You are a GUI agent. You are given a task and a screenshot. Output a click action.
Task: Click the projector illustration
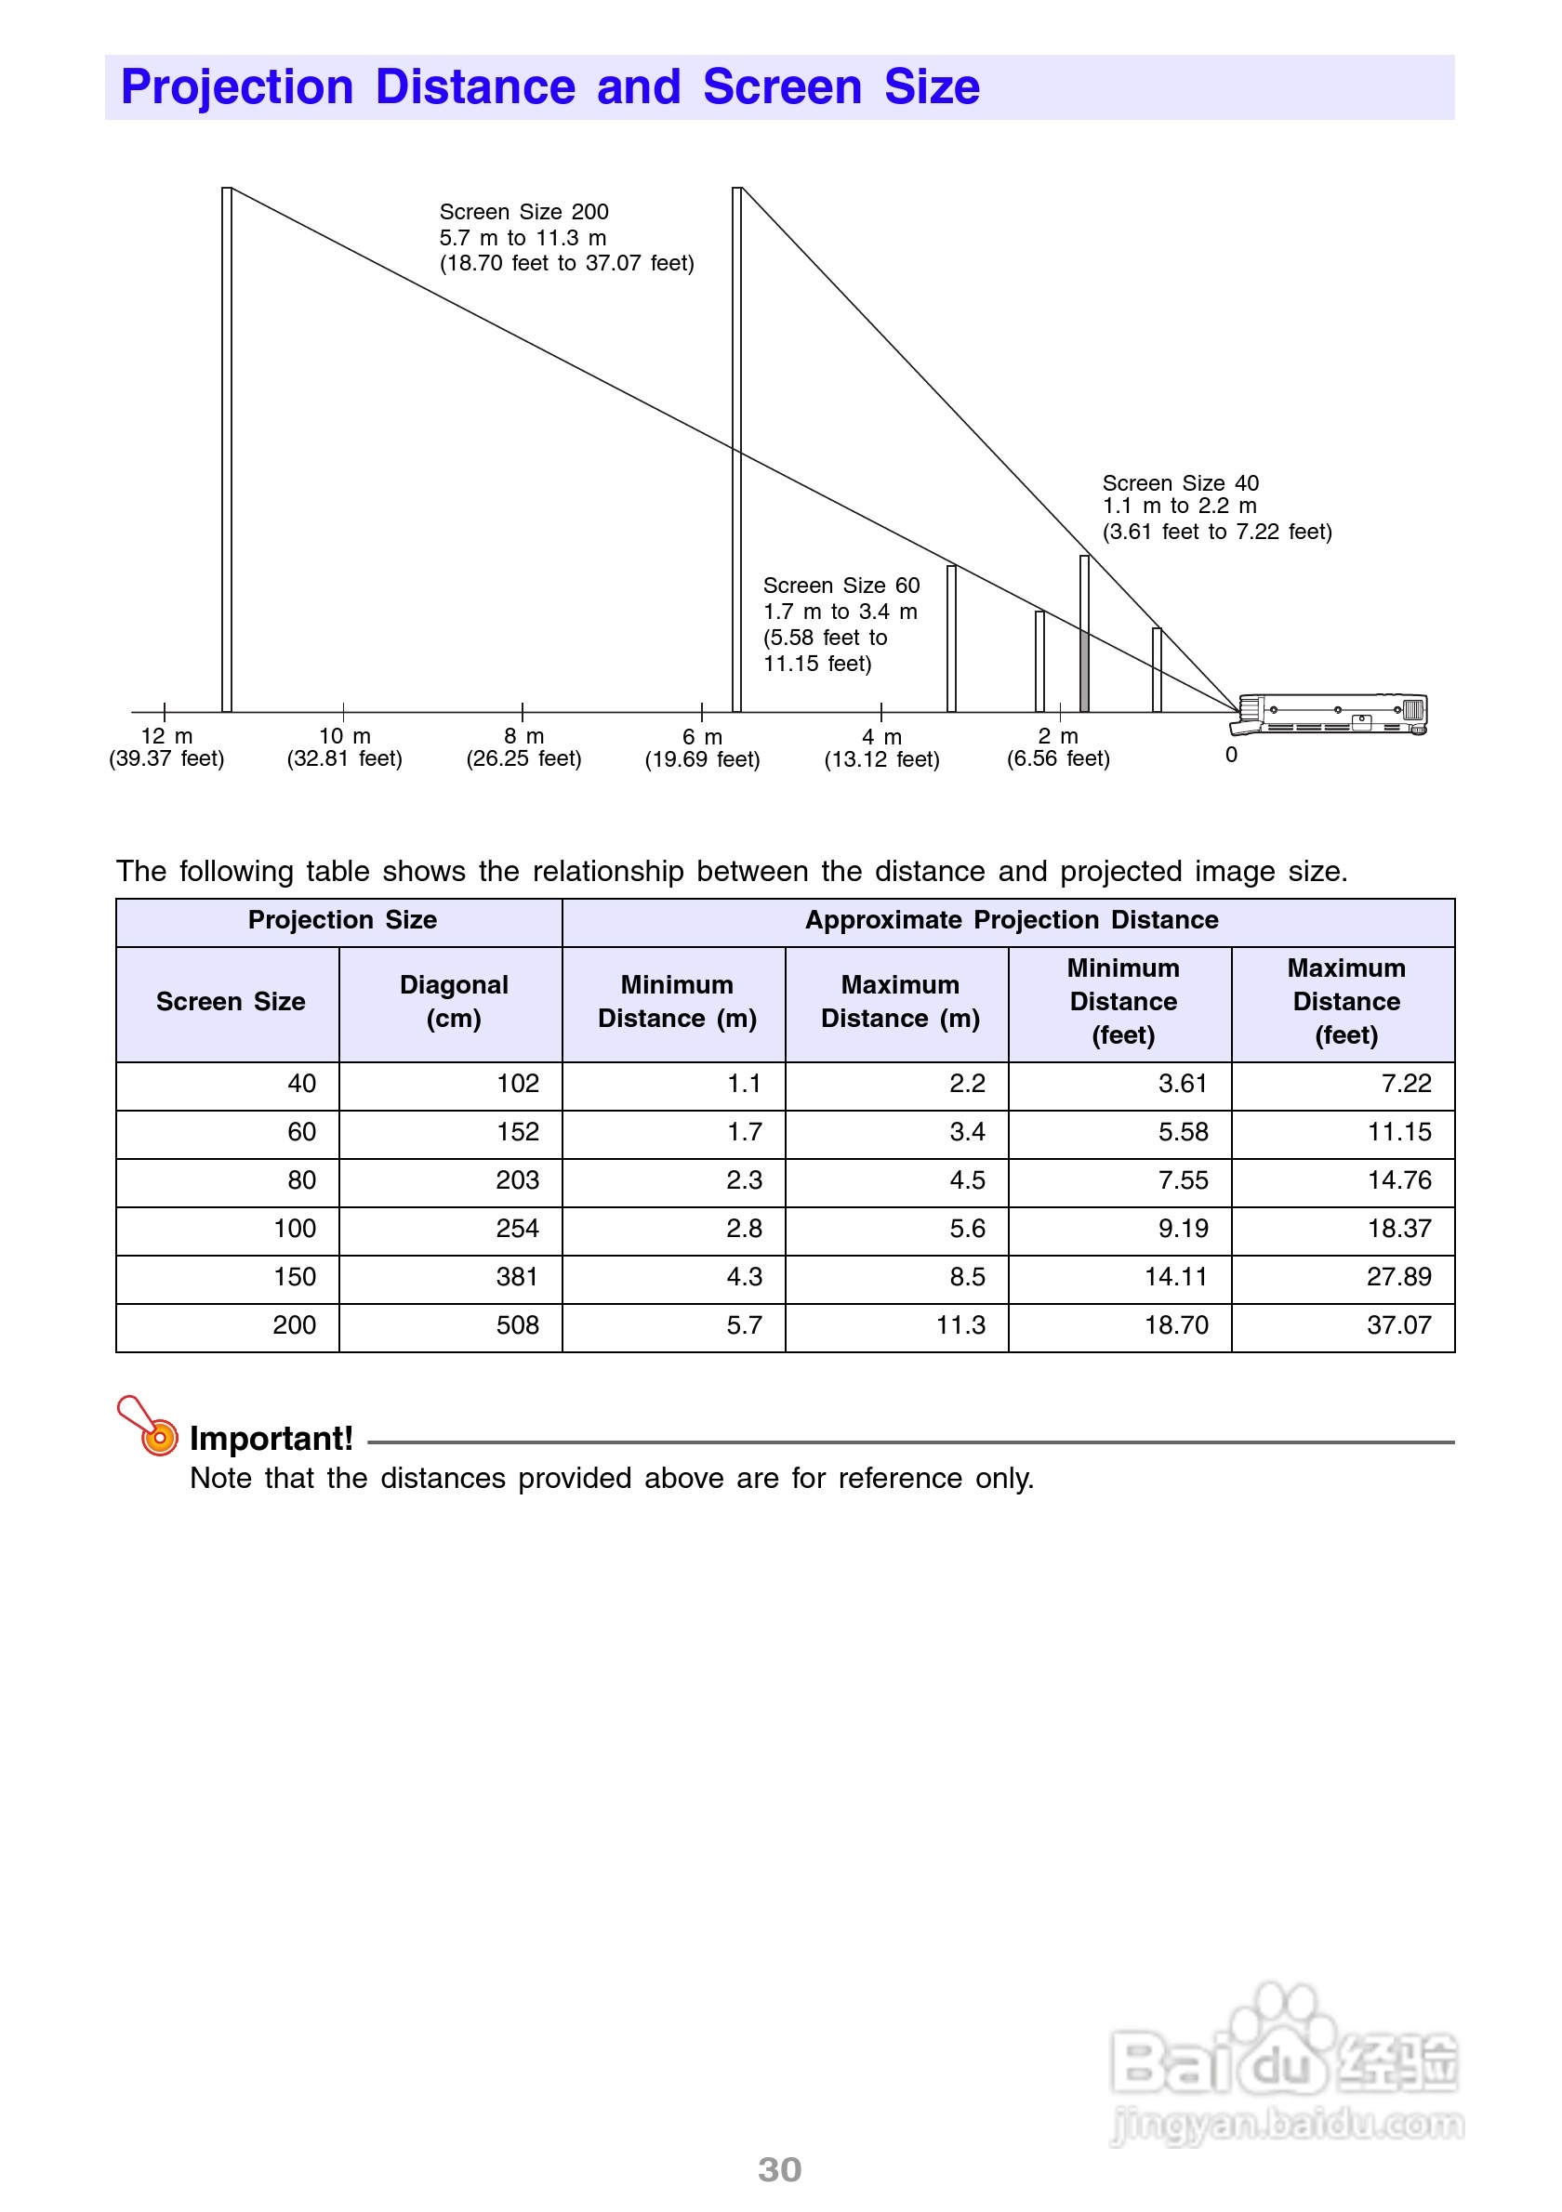tap(1335, 714)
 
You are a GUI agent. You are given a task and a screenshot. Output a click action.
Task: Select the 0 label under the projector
tap(1232, 756)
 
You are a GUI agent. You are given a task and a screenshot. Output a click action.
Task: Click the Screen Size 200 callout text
tap(565, 237)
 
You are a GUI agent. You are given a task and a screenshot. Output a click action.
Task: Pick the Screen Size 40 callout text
tap(1216, 507)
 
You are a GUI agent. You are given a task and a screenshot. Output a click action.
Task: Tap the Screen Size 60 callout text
tap(841, 625)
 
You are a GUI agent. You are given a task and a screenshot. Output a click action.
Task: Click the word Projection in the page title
tap(237, 87)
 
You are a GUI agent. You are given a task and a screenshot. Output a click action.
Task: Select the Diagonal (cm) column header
tap(453, 1002)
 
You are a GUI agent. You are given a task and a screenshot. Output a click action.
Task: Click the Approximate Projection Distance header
tap(1011, 920)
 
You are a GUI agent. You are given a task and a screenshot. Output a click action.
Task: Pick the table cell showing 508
tap(518, 1325)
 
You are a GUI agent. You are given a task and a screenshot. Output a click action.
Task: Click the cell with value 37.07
tap(1398, 1325)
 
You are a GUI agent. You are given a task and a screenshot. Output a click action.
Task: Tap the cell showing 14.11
tap(1175, 1278)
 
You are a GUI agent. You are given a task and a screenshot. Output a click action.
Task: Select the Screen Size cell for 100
tap(295, 1230)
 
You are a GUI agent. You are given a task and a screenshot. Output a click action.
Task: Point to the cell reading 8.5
tap(968, 1278)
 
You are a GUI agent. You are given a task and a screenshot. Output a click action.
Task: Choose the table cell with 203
tap(518, 1181)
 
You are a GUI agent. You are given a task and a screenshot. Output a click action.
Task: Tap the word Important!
tap(271, 1439)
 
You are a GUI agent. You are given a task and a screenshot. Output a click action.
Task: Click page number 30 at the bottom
tap(779, 2169)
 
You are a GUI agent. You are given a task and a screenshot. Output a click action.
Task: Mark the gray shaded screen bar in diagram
tap(1084, 670)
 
